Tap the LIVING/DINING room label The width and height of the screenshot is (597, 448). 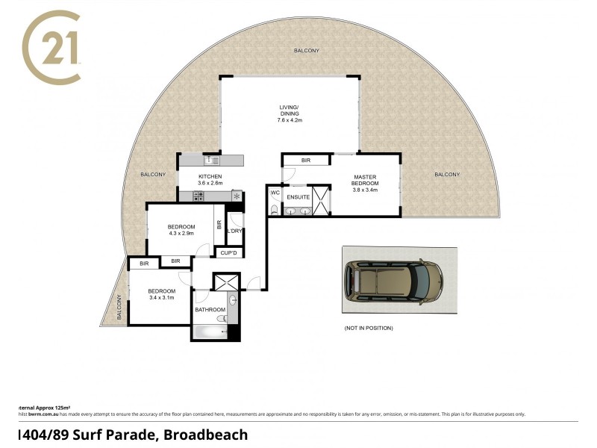[x=290, y=110]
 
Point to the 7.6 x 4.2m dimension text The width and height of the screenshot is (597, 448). [x=290, y=120]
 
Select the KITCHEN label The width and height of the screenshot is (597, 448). [x=210, y=176]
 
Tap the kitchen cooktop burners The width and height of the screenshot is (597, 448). [x=199, y=196]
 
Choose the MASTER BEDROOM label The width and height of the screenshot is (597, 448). [x=366, y=180]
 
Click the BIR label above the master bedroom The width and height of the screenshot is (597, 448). [x=306, y=161]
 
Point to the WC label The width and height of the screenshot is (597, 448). [x=275, y=193]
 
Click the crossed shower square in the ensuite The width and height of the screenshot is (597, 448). [x=321, y=200]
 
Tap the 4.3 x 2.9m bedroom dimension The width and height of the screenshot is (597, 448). [x=181, y=234]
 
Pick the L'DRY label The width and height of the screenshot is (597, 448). [x=235, y=231]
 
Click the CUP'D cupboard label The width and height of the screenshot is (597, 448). [x=229, y=253]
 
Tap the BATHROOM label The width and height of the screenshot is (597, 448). [x=210, y=309]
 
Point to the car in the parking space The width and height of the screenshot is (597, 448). [x=393, y=281]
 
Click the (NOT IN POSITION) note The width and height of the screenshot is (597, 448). [x=369, y=328]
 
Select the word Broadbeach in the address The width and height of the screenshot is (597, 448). [x=206, y=435]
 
